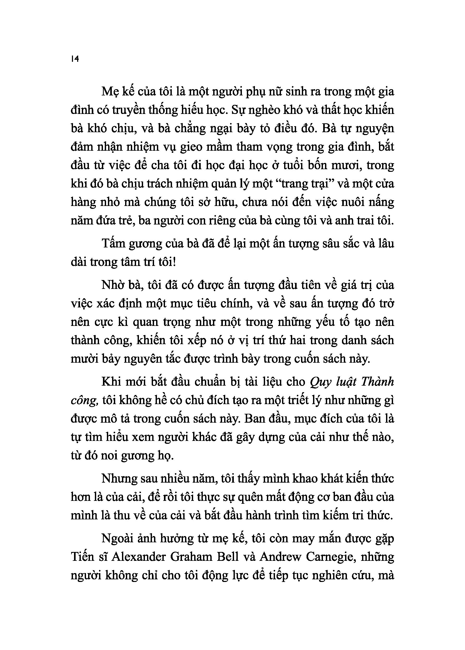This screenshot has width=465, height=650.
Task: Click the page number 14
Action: tap(75, 59)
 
